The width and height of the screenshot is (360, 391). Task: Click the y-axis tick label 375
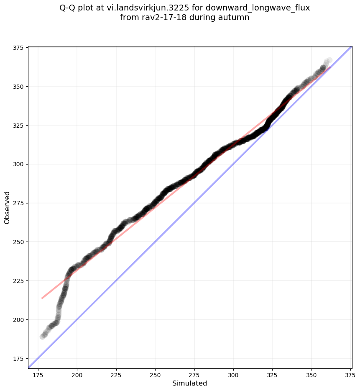[x=18, y=48]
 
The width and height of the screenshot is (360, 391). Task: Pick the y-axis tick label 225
[x=18, y=281]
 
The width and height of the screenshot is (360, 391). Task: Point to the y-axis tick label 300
[x=18, y=165]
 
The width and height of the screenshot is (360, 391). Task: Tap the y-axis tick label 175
[x=18, y=359]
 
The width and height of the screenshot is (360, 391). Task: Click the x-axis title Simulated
[x=190, y=383]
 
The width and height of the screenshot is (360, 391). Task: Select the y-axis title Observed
[x=7, y=208]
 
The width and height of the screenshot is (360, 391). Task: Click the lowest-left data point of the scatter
[x=42, y=337]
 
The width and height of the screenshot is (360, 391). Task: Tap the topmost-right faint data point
[x=329, y=60]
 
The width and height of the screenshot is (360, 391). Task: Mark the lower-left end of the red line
[x=42, y=298]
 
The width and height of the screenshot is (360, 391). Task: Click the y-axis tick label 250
[x=18, y=242]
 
